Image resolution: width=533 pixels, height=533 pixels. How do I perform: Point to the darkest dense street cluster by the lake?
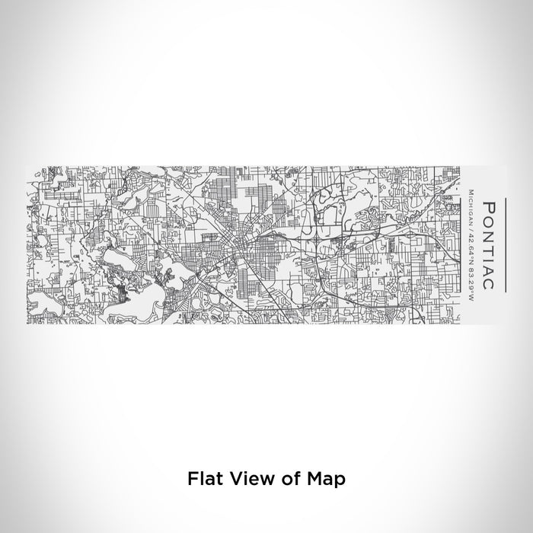coord(123,289)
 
